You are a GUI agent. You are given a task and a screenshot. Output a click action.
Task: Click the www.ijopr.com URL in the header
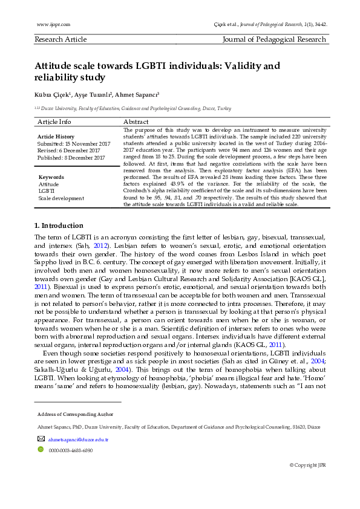click(53, 24)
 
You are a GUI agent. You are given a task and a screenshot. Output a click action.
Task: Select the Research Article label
click(61, 39)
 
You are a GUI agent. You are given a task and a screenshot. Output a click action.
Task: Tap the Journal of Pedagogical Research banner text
click(275, 39)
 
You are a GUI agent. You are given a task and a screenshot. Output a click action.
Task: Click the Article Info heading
click(54, 122)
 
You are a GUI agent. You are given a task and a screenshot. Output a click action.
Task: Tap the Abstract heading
click(137, 122)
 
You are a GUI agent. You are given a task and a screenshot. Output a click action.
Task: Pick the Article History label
click(56, 137)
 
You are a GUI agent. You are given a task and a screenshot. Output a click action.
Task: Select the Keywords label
click(51, 177)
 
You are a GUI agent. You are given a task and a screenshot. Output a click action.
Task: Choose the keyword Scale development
click(61, 198)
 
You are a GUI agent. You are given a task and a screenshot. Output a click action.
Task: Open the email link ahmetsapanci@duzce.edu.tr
click(78, 439)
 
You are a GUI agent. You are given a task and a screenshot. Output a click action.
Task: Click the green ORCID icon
click(41, 450)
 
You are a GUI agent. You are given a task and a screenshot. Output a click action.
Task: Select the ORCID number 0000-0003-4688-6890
click(71, 450)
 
